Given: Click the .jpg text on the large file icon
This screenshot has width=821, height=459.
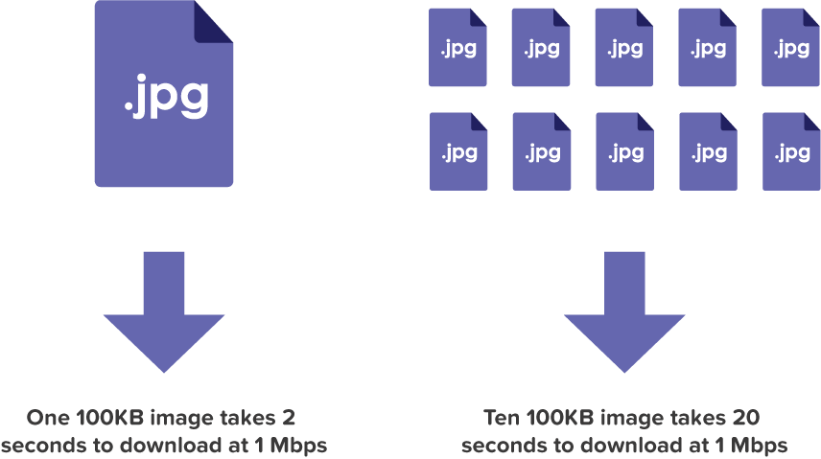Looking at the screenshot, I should [166, 99].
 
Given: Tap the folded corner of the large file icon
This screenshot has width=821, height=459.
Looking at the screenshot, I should [214, 21].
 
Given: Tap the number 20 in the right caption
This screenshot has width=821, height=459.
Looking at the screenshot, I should [748, 418].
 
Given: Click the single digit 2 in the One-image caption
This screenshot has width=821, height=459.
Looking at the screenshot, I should [288, 418].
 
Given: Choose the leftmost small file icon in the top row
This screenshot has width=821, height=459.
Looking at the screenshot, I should [458, 49].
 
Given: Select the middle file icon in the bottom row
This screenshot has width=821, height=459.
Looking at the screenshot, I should [625, 151].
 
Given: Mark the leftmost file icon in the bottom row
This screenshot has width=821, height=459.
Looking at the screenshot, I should [458, 151].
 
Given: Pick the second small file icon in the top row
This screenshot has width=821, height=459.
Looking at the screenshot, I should [542, 49].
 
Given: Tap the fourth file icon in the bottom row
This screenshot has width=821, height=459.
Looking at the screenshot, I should [709, 151].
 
